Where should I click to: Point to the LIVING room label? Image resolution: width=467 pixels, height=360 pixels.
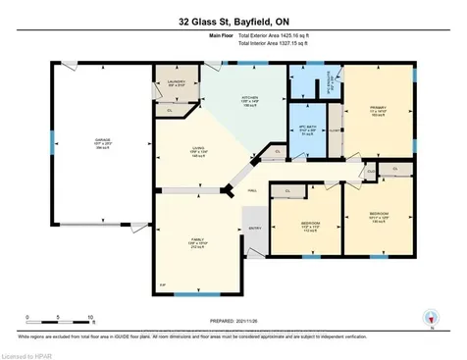(x=199, y=149)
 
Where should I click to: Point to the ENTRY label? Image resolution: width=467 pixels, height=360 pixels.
(x=256, y=229)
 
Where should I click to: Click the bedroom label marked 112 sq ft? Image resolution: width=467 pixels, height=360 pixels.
(x=295, y=223)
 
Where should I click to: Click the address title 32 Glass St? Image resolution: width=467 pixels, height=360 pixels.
(x=233, y=20)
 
